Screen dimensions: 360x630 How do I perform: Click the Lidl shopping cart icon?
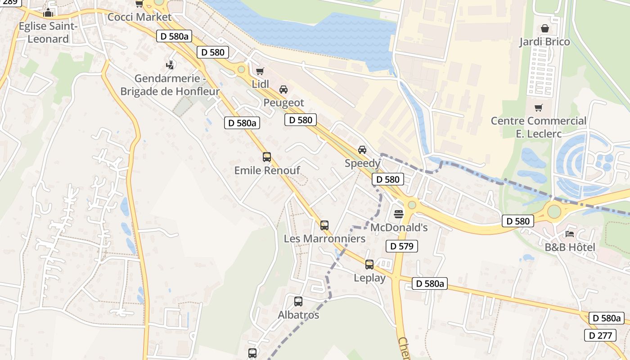coord(260,71)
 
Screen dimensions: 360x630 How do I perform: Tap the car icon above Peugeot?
coord(283,90)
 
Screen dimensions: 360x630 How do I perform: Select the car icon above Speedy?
coord(362,150)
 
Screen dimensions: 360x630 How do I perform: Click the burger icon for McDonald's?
coord(399,214)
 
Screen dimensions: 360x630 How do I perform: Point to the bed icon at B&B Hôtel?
coord(570,234)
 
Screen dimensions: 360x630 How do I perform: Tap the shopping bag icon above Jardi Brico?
coord(544,29)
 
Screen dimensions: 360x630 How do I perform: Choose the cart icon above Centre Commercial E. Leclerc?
coord(538,108)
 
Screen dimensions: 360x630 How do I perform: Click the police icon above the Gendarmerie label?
coord(170,65)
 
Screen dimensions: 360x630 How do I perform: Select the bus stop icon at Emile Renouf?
coord(267,157)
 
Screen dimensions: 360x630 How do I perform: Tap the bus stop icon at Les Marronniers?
coord(324,225)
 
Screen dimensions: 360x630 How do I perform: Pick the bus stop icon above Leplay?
coord(369,265)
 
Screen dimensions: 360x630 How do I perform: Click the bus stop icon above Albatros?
coord(298,301)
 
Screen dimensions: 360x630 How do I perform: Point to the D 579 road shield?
coord(402,246)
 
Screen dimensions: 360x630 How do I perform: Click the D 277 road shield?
coord(600,335)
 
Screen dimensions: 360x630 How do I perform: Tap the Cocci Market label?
coord(139,17)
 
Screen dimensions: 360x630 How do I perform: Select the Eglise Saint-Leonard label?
coord(48,32)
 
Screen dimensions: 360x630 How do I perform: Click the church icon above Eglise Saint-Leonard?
coord(48,13)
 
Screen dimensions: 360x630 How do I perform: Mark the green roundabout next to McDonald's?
coord(412,205)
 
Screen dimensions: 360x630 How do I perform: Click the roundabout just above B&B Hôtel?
coord(554,211)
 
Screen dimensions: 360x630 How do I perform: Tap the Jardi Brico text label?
coord(544,42)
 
